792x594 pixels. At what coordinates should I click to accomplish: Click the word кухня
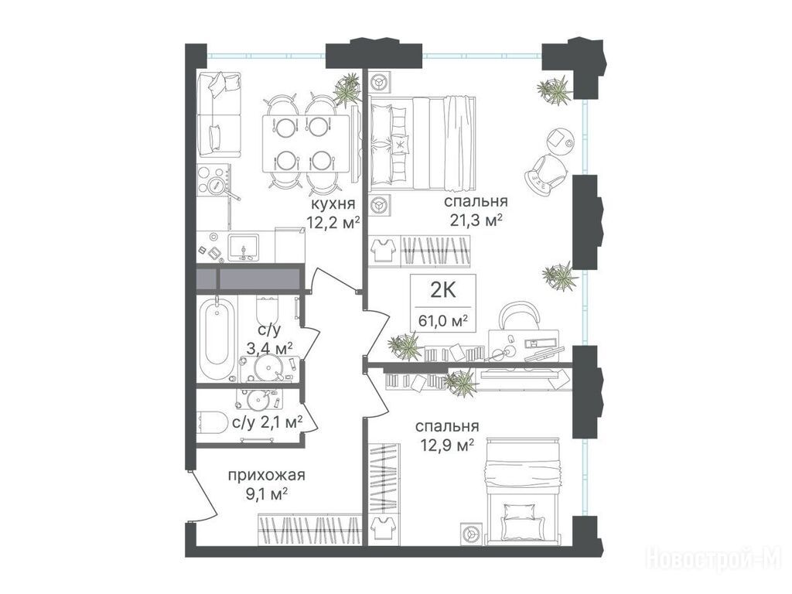pos(333,204)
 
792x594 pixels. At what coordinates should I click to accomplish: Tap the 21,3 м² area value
pos(476,220)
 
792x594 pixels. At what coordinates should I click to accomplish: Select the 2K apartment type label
pos(443,291)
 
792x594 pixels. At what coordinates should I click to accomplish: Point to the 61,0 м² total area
pos(442,320)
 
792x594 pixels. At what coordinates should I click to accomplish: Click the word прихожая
pos(267,476)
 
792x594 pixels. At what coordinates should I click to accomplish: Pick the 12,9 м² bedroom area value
pos(447,445)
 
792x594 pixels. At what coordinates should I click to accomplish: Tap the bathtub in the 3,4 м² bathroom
pos(217,339)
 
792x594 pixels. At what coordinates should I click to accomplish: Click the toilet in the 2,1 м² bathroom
pos(212,423)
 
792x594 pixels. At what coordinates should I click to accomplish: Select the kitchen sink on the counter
pos(244,247)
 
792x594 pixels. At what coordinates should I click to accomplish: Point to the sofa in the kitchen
pos(218,114)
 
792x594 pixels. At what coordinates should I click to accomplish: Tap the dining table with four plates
pos(306,143)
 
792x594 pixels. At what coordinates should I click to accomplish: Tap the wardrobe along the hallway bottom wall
pos(309,530)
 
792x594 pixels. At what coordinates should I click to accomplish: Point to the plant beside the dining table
pos(347,90)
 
